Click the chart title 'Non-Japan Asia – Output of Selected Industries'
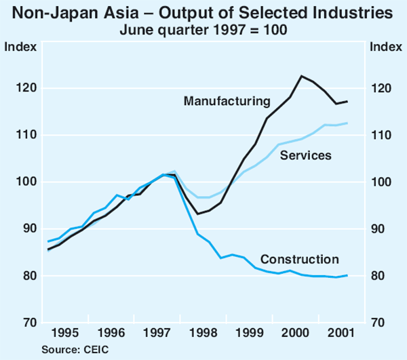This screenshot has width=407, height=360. (x=203, y=13)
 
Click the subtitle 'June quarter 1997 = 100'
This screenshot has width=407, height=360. (x=203, y=29)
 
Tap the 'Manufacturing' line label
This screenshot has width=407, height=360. (x=227, y=101)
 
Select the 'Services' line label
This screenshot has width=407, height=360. (x=305, y=156)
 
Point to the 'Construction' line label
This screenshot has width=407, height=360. (x=299, y=259)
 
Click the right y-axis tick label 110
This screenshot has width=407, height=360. (x=381, y=136)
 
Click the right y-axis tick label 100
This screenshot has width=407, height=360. (x=381, y=182)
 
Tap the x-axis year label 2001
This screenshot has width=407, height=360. (x=339, y=334)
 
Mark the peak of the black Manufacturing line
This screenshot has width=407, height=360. (x=301, y=76)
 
